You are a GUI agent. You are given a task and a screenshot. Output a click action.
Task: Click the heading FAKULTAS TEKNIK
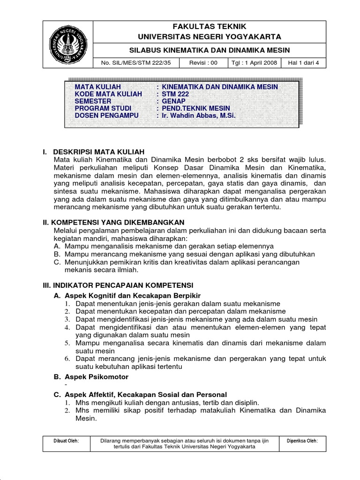coord(209,26)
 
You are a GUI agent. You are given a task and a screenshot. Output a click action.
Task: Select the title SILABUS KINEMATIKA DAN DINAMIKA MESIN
coord(209,50)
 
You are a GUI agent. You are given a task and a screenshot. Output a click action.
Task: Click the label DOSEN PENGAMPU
coord(105,115)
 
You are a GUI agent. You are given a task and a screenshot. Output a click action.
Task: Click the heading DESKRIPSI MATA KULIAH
coord(99,151)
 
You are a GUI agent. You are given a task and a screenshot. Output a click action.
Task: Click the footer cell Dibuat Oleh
coord(67,441)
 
